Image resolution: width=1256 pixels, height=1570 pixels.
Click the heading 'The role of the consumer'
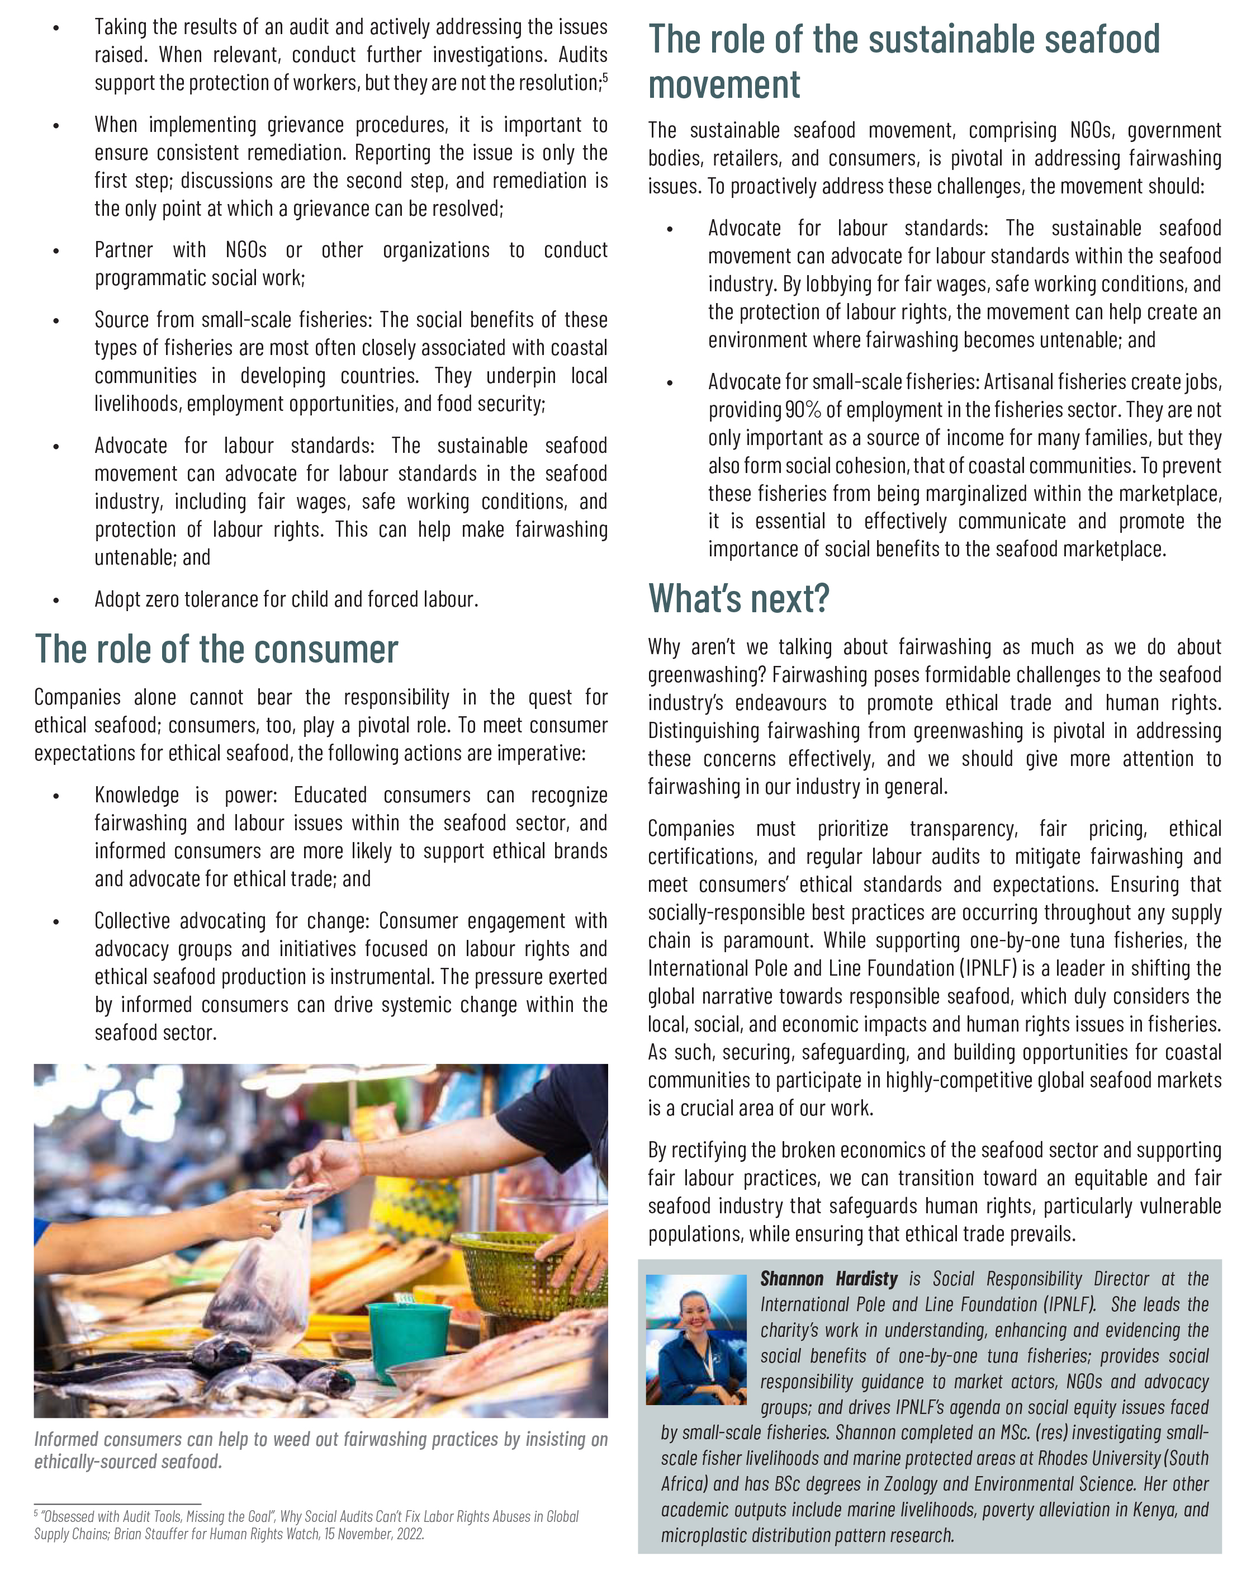[216, 650]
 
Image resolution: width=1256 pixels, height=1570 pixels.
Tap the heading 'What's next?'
[738, 599]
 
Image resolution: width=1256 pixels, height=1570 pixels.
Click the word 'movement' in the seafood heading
[724, 85]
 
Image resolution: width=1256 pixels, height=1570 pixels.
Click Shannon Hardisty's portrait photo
[695, 1339]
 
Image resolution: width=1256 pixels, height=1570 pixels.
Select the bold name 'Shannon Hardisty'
[828, 1279]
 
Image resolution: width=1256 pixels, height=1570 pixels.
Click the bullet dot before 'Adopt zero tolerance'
[56, 600]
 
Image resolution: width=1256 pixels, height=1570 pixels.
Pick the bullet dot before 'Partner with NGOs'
[56, 251]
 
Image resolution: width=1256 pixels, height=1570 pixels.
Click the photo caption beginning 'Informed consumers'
[320, 1450]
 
